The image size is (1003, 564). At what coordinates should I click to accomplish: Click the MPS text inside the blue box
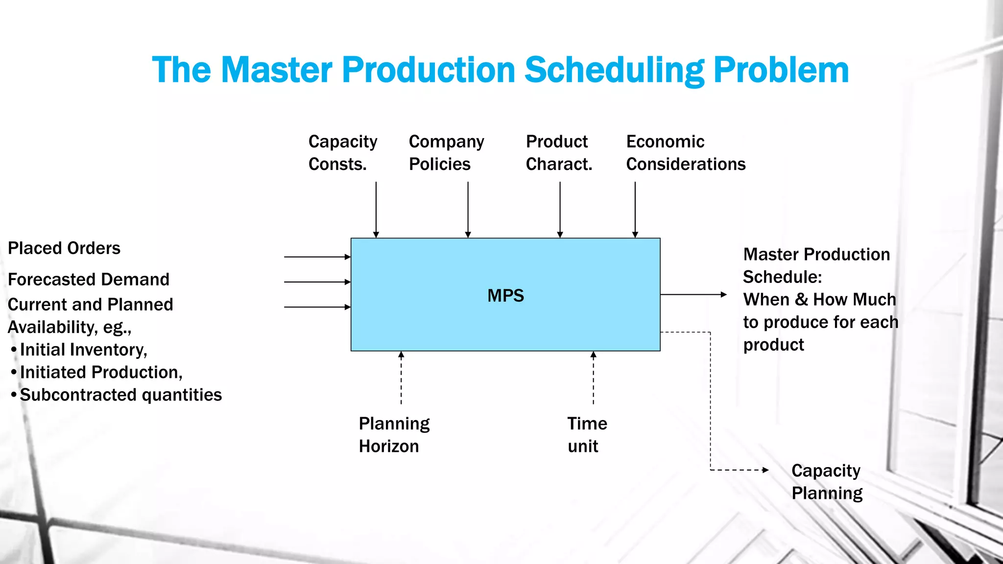pyautogui.click(x=505, y=296)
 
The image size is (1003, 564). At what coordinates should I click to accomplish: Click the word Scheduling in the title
pyautogui.click(x=614, y=70)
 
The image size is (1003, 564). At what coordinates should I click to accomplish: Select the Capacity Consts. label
pyautogui.click(x=342, y=153)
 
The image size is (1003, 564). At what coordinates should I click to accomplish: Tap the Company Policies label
pyautogui.click(x=446, y=153)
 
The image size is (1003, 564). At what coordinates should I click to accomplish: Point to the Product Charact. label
pyautogui.click(x=559, y=153)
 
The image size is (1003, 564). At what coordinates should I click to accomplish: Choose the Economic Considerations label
pyautogui.click(x=685, y=153)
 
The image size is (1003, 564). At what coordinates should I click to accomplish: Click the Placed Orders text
pyautogui.click(x=64, y=248)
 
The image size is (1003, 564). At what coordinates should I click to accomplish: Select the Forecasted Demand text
pyautogui.click(x=89, y=280)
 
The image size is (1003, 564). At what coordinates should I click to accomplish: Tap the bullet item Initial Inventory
pyautogui.click(x=83, y=350)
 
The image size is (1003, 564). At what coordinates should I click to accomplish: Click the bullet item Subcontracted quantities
pyautogui.click(x=120, y=395)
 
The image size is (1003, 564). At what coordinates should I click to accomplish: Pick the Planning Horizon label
pyautogui.click(x=394, y=435)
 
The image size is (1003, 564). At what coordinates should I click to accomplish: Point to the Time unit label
pyautogui.click(x=587, y=435)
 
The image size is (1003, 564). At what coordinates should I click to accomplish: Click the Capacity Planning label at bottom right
pyautogui.click(x=827, y=482)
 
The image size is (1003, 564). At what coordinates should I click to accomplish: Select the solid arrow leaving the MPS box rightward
pyautogui.click(x=693, y=295)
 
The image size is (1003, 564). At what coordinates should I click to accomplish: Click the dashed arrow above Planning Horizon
pyautogui.click(x=401, y=377)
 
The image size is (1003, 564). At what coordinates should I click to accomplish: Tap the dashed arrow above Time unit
pyautogui.click(x=593, y=377)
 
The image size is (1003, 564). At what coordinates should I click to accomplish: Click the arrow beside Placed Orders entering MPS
pyautogui.click(x=317, y=257)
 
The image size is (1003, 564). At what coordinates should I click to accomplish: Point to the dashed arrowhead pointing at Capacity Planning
pyautogui.click(x=765, y=470)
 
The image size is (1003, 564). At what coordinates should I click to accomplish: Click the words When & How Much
pyautogui.click(x=819, y=300)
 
